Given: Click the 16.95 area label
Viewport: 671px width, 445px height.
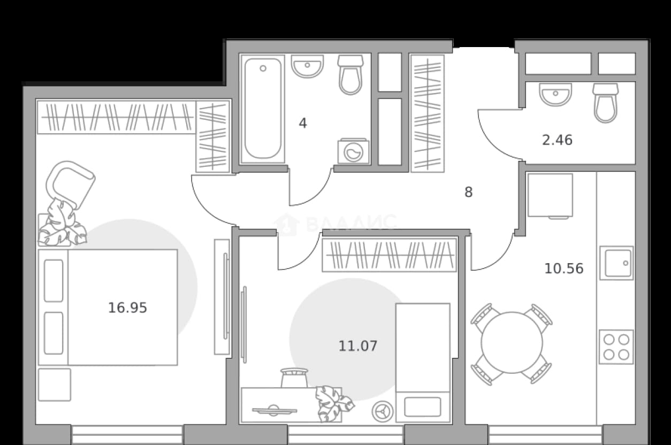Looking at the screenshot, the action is click(127, 308).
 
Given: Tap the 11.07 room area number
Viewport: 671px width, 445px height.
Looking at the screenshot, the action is click(358, 346).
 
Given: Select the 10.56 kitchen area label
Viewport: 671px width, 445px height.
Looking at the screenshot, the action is click(564, 268).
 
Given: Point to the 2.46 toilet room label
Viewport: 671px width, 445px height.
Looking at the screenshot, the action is click(557, 140).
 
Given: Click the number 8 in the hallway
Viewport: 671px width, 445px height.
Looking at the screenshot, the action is click(469, 192).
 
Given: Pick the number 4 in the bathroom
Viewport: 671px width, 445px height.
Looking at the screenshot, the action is click(303, 124).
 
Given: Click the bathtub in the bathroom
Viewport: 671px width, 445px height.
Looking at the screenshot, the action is click(263, 109).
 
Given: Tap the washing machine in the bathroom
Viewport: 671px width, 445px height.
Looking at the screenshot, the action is click(354, 151).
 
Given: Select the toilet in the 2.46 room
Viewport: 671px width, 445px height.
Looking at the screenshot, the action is click(605, 103).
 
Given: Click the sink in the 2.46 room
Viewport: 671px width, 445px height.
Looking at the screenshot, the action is click(555, 94).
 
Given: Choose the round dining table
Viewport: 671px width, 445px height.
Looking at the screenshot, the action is click(512, 343).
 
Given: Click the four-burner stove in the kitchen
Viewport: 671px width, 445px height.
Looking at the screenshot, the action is click(616, 347).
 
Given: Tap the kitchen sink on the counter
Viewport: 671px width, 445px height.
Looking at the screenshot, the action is click(616, 263).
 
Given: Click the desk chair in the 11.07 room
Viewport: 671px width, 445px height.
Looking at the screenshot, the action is click(294, 378).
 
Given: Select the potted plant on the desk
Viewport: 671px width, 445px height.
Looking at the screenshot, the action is click(334, 403).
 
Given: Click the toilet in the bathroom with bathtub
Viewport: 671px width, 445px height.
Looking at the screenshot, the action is click(350, 74).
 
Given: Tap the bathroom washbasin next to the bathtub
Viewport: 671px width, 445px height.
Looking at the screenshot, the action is click(307, 66).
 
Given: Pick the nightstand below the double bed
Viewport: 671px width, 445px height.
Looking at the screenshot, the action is click(55, 385).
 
